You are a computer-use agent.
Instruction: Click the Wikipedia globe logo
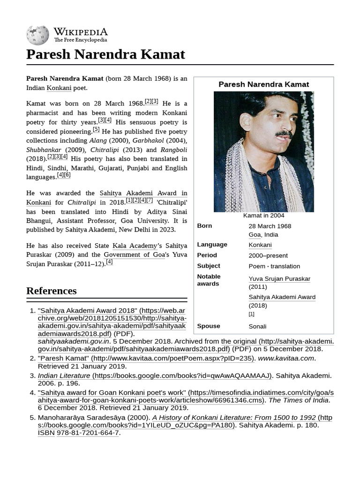tap(37, 35)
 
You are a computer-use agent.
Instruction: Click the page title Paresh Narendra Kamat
tap(105, 54)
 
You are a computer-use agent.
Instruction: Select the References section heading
tap(51, 291)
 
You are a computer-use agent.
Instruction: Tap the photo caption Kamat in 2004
tap(263, 216)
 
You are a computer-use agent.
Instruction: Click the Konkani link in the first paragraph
tap(59, 88)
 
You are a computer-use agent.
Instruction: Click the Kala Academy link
tap(135, 246)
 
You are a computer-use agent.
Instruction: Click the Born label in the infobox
tap(204, 226)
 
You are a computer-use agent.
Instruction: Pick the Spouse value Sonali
tap(257, 326)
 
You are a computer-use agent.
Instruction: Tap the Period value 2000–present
tap(268, 255)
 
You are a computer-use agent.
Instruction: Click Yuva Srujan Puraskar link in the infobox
tap(279, 279)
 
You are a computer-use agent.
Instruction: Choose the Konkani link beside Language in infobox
tap(260, 245)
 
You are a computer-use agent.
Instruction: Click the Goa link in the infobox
tap(254, 234)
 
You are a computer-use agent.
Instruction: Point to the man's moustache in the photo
tap(284, 135)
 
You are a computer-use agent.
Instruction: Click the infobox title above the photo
tap(263, 84)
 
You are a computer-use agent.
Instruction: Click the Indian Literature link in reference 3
tap(64, 375)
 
